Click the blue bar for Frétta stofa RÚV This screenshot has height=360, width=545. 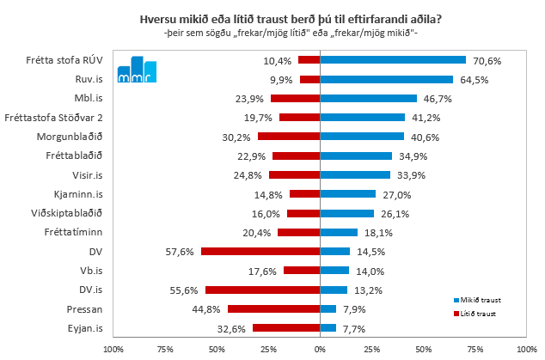pos(392,60)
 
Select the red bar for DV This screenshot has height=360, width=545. pos(260,251)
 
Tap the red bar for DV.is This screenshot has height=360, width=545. pos(262,290)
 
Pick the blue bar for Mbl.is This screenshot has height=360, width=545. pos(368,98)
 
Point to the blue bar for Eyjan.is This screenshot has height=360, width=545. pos(328,327)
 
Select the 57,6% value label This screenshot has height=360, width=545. pos(181,251)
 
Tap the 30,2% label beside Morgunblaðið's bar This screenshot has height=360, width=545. pos(238,137)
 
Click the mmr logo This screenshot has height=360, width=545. pos(137,70)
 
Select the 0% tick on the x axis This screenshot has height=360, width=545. pos(320,348)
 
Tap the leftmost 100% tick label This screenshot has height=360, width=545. pos(113,348)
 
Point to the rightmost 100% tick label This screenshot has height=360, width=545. pos(526,348)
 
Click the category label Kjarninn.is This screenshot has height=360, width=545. pos(80,194)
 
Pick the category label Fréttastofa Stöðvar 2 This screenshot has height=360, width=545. pos(54,118)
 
